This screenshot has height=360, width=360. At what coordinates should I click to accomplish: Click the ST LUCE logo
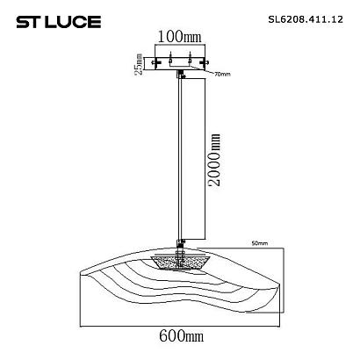tap(59, 22)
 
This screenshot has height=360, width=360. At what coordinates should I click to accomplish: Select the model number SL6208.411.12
tap(306, 19)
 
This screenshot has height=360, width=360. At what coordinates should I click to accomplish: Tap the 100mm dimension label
tap(180, 37)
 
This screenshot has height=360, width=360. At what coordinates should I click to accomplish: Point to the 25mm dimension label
tap(139, 64)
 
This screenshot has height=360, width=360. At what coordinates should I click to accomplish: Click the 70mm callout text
tap(222, 75)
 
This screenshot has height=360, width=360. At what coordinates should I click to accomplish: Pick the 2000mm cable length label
tap(213, 160)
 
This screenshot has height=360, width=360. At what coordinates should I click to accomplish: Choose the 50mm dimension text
tap(260, 243)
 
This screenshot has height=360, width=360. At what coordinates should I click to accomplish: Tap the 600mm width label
tap(182, 335)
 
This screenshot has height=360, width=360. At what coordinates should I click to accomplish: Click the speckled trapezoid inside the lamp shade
tap(180, 263)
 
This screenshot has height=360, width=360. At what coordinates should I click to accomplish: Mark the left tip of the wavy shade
tap(80, 273)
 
